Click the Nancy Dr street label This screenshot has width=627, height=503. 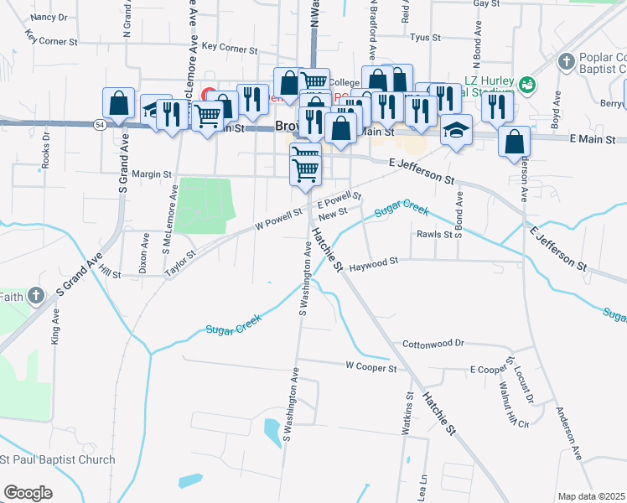(x=49, y=17)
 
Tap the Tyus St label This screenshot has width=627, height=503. (x=426, y=38)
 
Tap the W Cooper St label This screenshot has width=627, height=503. (x=370, y=366)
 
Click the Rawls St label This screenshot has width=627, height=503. (x=434, y=234)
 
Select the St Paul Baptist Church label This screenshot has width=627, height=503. (x=59, y=459)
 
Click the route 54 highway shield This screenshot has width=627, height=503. (x=100, y=124)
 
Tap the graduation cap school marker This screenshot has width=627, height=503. (x=457, y=130)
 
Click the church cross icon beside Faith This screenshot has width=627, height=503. (x=35, y=295)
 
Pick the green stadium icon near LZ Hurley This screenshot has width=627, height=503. (x=526, y=84)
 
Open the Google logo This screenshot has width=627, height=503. (x=28, y=492)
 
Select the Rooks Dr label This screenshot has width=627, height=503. (x=46, y=148)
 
